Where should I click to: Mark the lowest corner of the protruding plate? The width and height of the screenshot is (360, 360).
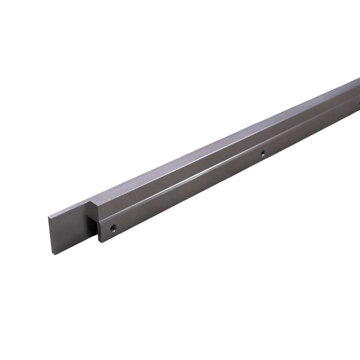(54, 255)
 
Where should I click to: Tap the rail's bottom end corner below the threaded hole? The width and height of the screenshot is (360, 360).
(102, 242)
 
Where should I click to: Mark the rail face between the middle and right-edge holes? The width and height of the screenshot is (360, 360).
(310, 130)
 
